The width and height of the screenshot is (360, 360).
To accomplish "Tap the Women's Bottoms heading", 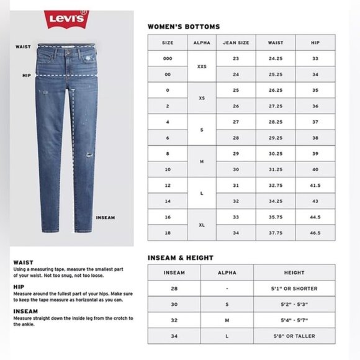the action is (x=183, y=27).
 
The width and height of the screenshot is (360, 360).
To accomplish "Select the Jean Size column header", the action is (x=235, y=43).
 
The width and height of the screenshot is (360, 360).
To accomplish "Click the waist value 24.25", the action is (x=276, y=58).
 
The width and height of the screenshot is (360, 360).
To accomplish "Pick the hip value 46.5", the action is (x=315, y=232).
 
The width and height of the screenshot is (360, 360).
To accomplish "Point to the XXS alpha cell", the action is (x=202, y=66).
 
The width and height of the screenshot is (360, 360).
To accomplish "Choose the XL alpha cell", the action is (x=202, y=225).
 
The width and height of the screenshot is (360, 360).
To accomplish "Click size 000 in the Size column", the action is (x=168, y=58).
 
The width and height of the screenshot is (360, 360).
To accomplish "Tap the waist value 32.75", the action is (x=276, y=185).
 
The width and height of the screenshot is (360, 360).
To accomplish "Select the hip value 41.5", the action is (x=315, y=185).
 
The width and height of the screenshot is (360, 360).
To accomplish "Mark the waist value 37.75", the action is (x=276, y=232).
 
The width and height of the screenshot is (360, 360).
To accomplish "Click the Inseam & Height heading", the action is (x=180, y=258).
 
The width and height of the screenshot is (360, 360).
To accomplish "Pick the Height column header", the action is (x=294, y=272).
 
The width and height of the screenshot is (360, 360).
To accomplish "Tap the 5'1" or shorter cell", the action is (x=294, y=289).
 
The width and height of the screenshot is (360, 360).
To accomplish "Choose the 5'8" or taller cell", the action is (x=294, y=336).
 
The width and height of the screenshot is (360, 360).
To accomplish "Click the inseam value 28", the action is (x=174, y=289).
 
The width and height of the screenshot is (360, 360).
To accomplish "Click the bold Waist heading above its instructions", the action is (x=23, y=262).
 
